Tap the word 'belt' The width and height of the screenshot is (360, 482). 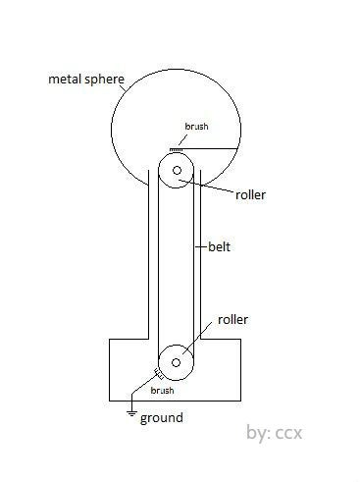pos(220,246)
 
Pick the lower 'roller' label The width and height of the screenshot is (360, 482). pos(232,319)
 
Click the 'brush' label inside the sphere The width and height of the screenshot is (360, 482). pos(197,128)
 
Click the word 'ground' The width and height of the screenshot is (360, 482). pos(161,417)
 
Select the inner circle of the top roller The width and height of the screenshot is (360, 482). pos(177,171)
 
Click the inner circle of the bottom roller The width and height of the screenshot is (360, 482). pos(177,363)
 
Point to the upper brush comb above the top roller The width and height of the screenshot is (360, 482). pos(178,147)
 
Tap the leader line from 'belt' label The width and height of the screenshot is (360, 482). pos(201,245)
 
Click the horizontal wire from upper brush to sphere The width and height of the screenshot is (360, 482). pos(214,146)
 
